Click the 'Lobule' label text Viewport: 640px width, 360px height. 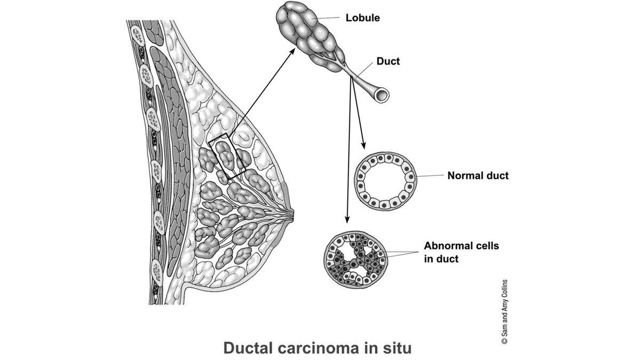click(362, 18)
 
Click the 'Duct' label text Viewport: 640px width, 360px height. click(388, 61)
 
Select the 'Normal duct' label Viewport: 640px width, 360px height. click(478, 175)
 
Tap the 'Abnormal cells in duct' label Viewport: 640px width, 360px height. click(461, 252)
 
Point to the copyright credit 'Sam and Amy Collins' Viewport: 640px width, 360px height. click(504, 311)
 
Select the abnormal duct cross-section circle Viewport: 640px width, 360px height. click(354, 259)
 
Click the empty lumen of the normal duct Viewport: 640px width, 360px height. click(386, 182)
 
